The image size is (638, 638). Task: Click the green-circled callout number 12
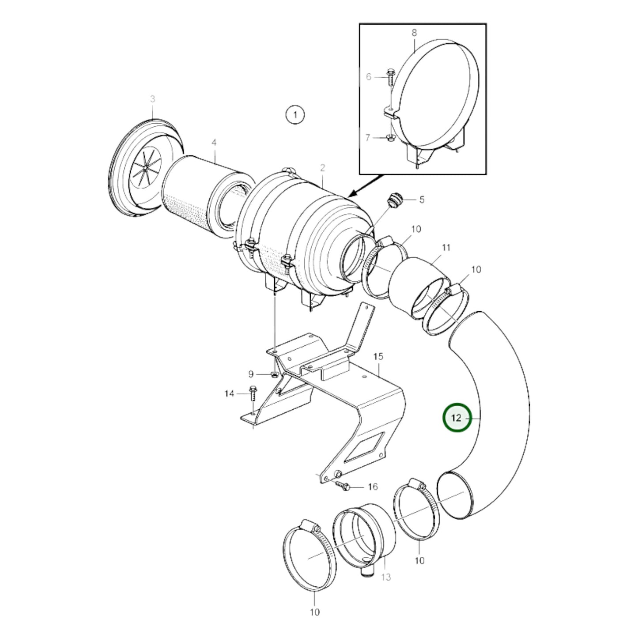click(457, 417)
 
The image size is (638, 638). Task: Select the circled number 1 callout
click(294, 115)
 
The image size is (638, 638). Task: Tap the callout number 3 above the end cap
click(152, 99)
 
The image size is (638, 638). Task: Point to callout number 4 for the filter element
click(214, 143)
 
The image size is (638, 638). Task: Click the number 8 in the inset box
click(414, 33)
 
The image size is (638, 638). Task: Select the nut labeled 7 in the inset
click(390, 138)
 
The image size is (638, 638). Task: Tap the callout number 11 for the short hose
click(446, 247)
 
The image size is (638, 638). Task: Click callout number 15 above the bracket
click(378, 356)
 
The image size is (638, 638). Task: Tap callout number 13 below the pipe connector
click(386, 577)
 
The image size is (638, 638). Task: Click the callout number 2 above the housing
click(323, 168)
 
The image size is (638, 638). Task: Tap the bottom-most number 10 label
click(315, 612)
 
